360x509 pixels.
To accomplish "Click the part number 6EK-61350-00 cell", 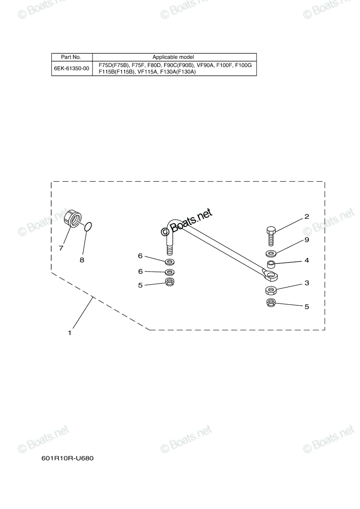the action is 72,68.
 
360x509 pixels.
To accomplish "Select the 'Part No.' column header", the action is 71,57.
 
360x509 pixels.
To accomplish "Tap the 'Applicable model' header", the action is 173,57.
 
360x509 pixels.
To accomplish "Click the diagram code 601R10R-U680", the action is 67,458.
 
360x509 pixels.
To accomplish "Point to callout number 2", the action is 307,217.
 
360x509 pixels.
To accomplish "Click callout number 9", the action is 307,240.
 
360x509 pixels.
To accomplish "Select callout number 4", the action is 307,260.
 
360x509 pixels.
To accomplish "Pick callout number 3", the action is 307,283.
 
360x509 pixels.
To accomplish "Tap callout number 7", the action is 61,248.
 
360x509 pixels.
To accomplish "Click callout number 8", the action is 82,260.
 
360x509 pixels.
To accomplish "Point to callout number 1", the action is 70,333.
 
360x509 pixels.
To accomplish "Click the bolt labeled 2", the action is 270,236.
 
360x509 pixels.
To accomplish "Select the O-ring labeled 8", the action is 88,227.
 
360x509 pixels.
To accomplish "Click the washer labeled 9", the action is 270,253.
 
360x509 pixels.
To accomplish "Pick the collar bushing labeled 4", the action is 270,265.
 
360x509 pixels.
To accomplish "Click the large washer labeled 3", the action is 270,290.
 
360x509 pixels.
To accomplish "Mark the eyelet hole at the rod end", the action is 270,276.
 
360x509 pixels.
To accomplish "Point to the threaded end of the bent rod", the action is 170,250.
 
